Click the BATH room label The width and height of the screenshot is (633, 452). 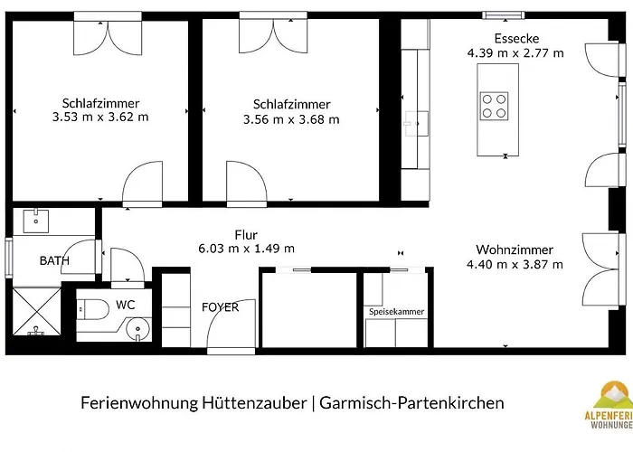pos(54,261)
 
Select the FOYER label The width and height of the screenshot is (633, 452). pos(220,307)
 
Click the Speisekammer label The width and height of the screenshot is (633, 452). pos(396,312)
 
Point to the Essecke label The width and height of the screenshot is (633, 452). pos(515,38)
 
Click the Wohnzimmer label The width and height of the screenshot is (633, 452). pos(515,250)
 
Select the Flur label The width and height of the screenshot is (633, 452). pos(246,233)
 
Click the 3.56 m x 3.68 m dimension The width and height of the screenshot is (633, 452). pos(291,118)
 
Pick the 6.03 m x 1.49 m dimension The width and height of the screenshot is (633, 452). pos(246,248)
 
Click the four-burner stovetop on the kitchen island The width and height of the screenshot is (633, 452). pos(494,106)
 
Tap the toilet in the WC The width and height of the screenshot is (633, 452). pos(91,308)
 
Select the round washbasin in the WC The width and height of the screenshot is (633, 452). pos(137,326)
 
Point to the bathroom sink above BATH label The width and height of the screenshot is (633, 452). pos(37,219)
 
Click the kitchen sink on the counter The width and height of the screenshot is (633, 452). pos(417,121)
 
